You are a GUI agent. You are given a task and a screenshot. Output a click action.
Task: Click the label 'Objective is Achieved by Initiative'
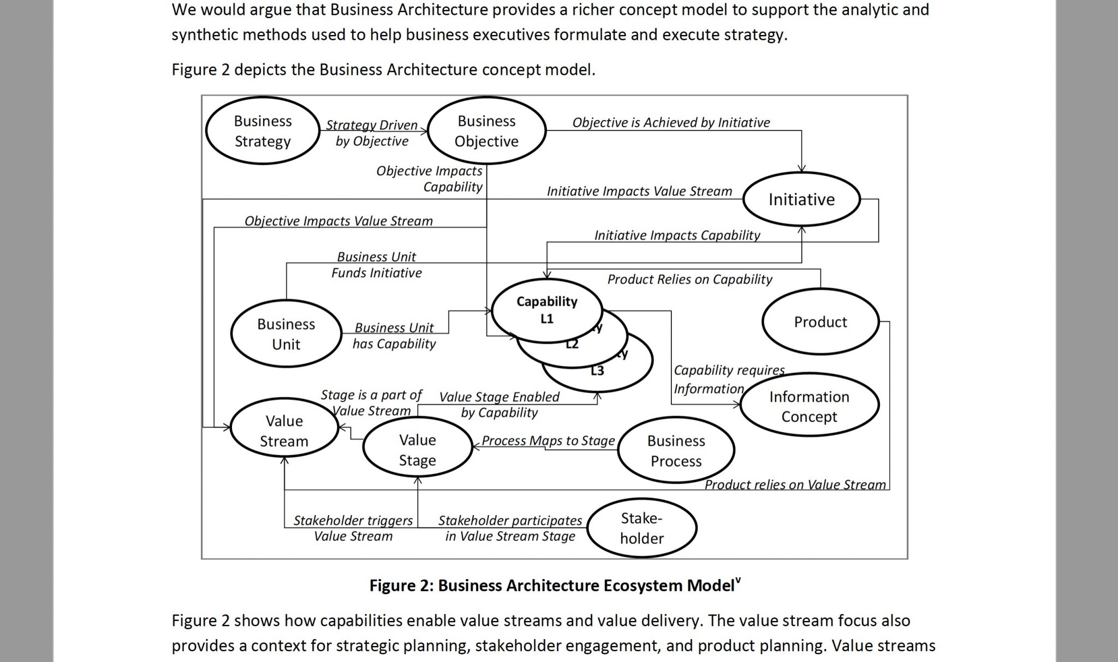coord(671,123)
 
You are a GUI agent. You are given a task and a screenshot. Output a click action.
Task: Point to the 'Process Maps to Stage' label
coord(548,440)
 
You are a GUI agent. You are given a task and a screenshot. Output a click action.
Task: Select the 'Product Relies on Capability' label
coord(689,279)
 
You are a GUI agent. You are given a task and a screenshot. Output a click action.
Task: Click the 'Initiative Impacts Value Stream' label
coord(639,191)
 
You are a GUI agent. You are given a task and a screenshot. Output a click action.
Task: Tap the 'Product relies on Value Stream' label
coord(795,485)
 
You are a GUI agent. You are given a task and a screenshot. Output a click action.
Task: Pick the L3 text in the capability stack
coord(597,371)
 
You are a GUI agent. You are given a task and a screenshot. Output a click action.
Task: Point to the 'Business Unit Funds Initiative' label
coord(377,265)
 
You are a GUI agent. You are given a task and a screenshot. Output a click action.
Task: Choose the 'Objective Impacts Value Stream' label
coord(338,221)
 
